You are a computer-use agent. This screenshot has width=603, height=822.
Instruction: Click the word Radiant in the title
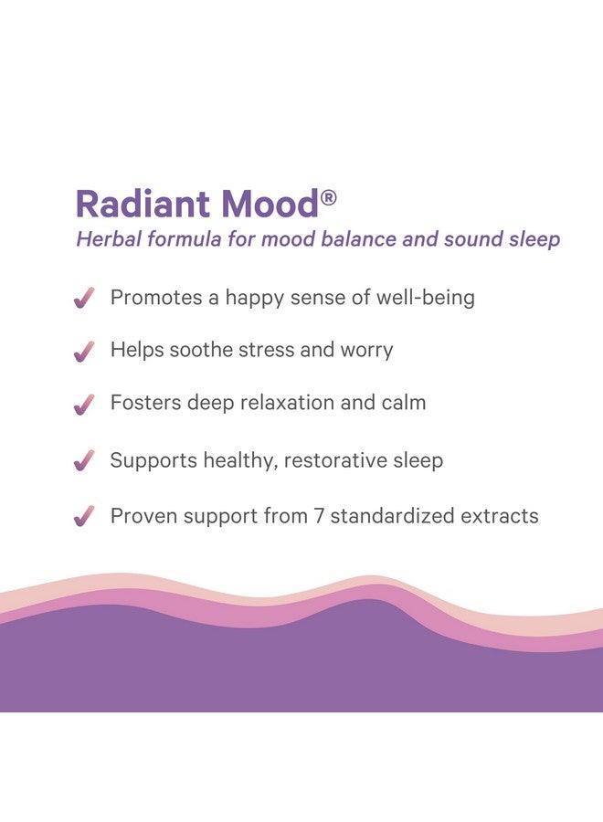tap(143, 204)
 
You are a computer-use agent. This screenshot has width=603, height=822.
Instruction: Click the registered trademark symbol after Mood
tap(328, 198)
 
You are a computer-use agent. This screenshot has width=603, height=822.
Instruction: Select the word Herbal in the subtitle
tap(109, 239)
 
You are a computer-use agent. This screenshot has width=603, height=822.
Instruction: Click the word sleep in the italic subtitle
tap(534, 240)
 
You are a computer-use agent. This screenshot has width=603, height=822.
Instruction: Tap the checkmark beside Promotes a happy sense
tap(84, 298)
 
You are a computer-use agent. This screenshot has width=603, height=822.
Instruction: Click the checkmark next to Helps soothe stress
tap(84, 352)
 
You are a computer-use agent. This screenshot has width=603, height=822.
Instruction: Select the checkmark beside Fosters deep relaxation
tap(84, 405)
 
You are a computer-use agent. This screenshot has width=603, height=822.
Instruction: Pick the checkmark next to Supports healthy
tap(84, 460)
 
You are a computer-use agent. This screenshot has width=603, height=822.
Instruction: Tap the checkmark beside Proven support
tap(84, 516)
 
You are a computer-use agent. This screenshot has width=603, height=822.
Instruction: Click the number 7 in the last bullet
tap(319, 516)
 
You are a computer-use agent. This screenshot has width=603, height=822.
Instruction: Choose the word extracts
tap(499, 516)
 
